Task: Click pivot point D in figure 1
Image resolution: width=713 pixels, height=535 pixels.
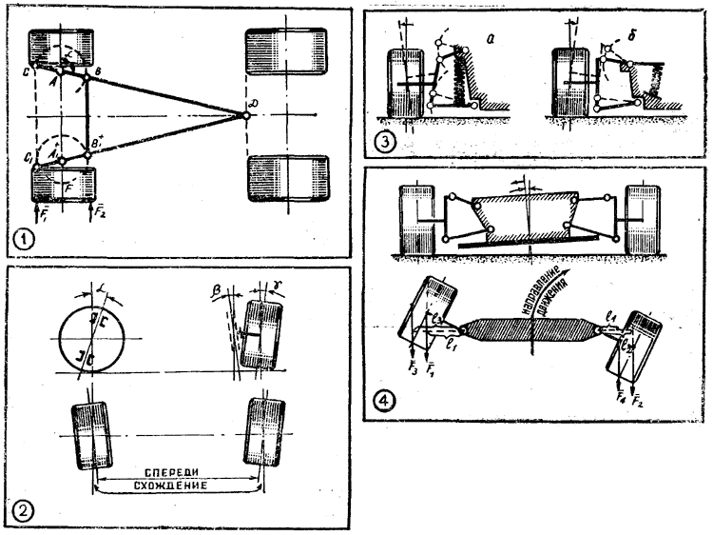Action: click(245, 115)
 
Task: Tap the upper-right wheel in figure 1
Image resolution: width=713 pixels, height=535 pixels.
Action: click(285, 53)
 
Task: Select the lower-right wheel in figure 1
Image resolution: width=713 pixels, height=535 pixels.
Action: click(285, 177)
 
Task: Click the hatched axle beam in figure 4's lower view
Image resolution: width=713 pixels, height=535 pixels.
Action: click(531, 334)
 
